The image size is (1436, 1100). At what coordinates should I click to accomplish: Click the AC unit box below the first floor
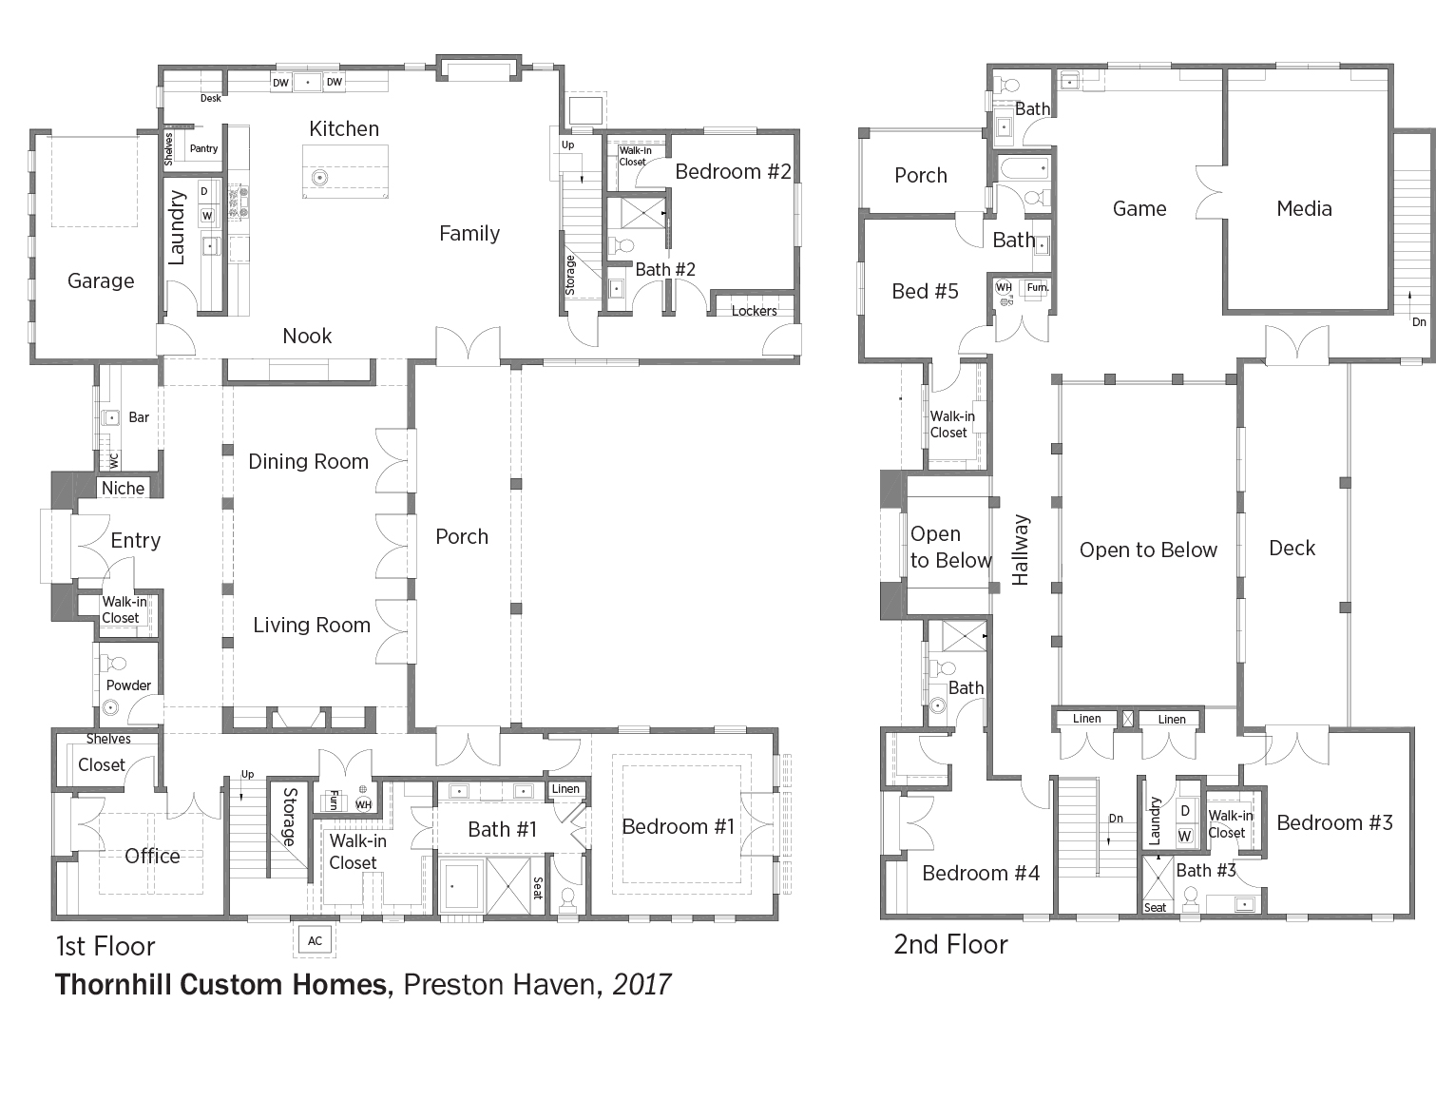[315, 940]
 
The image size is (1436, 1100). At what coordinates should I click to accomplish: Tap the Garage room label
[101, 281]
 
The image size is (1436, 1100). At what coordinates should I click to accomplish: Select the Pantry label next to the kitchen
[203, 148]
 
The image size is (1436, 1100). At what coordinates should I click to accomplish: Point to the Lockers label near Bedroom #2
[754, 311]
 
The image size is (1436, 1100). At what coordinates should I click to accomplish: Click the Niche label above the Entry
[123, 489]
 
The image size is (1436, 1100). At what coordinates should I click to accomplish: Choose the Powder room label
[128, 685]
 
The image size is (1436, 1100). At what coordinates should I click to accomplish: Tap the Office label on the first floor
[152, 857]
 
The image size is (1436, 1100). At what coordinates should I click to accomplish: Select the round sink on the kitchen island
[320, 178]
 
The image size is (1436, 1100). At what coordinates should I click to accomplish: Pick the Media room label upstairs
[1304, 209]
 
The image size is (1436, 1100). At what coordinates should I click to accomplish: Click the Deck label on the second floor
[1292, 548]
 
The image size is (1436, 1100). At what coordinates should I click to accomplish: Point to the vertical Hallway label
[1021, 550]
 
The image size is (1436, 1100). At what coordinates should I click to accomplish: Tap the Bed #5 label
[925, 292]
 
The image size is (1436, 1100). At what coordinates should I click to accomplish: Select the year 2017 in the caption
[641, 984]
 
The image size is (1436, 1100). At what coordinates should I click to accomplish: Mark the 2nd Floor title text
[950, 945]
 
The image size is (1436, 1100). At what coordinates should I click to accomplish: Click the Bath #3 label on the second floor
[1205, 871]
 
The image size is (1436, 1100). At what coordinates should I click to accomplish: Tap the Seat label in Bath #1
[538, 888]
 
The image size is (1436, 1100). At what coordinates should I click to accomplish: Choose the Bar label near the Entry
[139, 417]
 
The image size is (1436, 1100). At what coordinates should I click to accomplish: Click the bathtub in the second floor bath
[1024, 168]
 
